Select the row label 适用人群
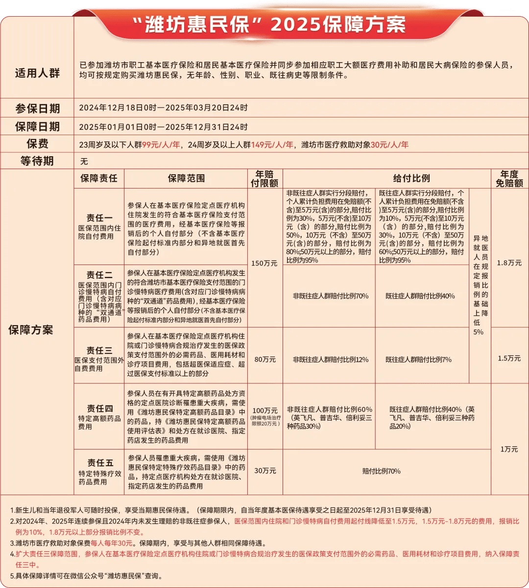37,73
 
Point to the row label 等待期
37,161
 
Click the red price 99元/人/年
161,144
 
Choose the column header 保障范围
186,179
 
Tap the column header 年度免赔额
509,179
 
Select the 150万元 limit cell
264,263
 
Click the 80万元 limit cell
265,359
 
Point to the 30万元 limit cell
265,471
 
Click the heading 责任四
99,408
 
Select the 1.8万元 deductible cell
509,263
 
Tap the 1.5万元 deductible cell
509,358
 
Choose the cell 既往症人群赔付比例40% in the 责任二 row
420,296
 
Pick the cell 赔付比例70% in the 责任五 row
382,471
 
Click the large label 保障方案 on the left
30,330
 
